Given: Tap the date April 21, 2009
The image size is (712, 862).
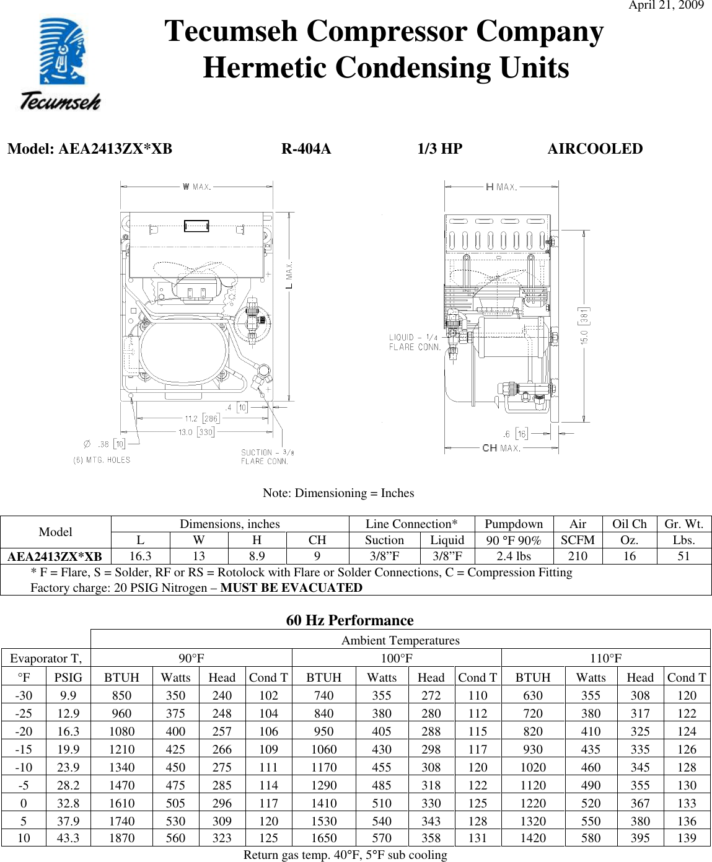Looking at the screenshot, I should coord(666,6).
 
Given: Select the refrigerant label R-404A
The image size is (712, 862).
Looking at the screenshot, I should coord(306,149).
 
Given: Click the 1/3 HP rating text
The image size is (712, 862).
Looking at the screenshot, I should coord(439,149).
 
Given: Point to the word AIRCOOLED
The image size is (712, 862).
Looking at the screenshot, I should coord(595,149).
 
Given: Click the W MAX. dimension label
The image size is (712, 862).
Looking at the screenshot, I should coord(197,187).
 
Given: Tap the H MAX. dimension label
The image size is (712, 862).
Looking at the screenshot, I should coord(501,187).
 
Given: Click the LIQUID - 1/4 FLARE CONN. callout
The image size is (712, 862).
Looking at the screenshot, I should coord(414,342).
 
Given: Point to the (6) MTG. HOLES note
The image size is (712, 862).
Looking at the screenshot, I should coord(102,460).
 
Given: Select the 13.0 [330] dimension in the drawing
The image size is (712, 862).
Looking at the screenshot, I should coord(196,432).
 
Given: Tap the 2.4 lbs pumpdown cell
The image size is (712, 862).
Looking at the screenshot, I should coord(514,556).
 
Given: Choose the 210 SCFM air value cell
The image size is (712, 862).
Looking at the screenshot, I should coord(578,556).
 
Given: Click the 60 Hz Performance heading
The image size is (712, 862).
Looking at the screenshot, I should coord(349,620).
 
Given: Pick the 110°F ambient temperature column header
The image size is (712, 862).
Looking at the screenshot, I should coord(605,658).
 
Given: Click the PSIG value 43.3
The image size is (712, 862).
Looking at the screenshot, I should coord(68,838).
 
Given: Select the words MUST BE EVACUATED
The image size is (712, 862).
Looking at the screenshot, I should coord(291,587).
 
